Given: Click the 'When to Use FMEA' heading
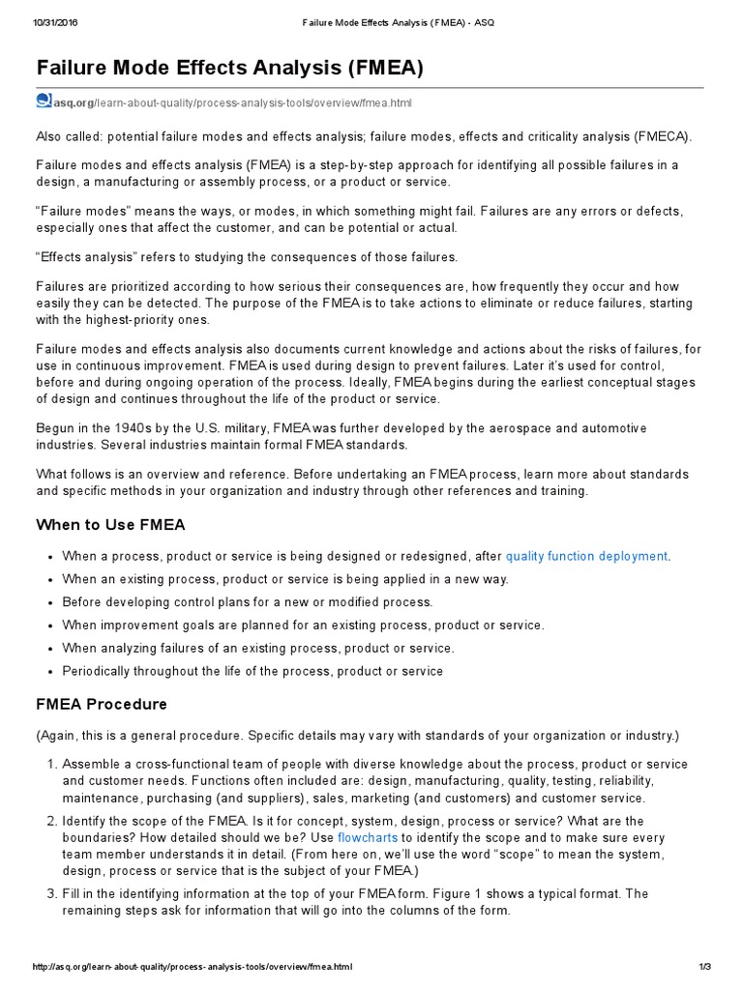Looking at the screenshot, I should coord(110,525).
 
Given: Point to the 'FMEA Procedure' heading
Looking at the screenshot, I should coord(102,704).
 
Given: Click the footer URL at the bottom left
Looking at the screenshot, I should coord(192,967).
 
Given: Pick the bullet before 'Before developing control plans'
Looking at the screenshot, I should coord(48,603).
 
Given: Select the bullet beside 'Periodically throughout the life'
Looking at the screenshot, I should coord(48,672).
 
